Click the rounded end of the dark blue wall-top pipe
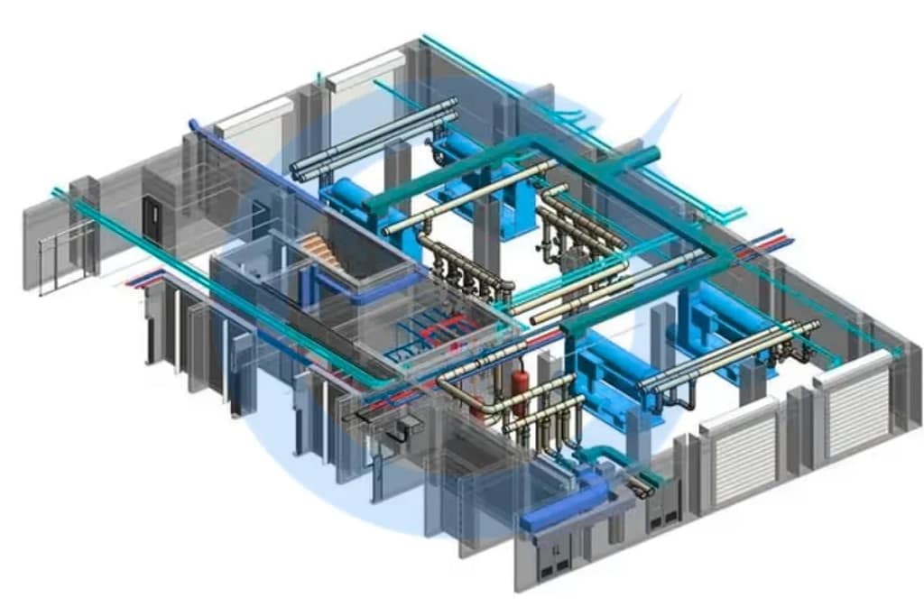pos(192,124)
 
